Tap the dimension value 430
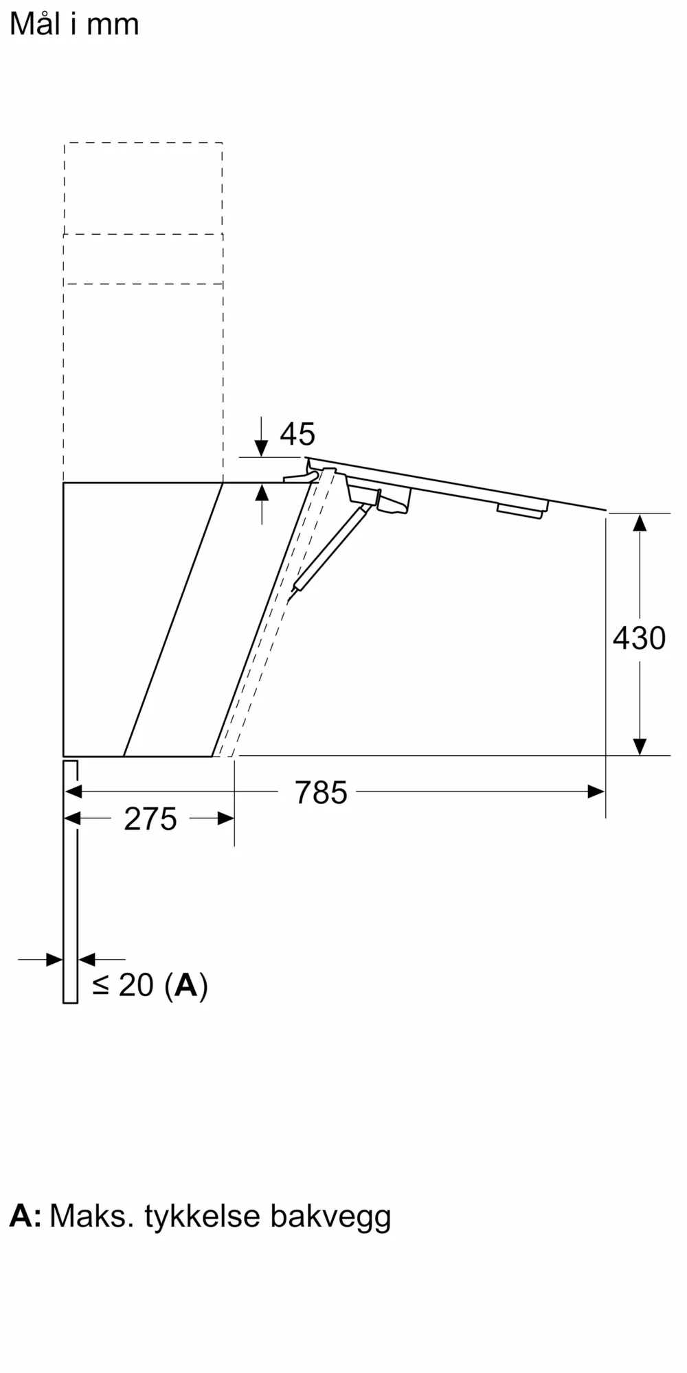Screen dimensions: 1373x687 coord(639,638)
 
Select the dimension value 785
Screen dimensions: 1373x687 coord(321,792)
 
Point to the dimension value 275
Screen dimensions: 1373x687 coord(150,819)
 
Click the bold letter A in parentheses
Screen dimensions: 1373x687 coord(186,985)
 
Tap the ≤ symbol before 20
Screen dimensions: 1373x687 coord(100,985)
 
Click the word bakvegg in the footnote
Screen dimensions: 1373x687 coord(330,1216)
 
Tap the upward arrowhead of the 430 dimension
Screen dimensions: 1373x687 coord(640,523)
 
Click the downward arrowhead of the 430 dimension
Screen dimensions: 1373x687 coord(640,746)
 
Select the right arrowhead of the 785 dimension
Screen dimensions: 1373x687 coord(596,792)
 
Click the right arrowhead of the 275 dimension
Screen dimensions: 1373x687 coord(225,818)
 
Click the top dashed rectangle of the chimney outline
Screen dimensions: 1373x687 coord(143,189)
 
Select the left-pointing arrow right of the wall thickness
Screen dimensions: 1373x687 coord(88,959)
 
